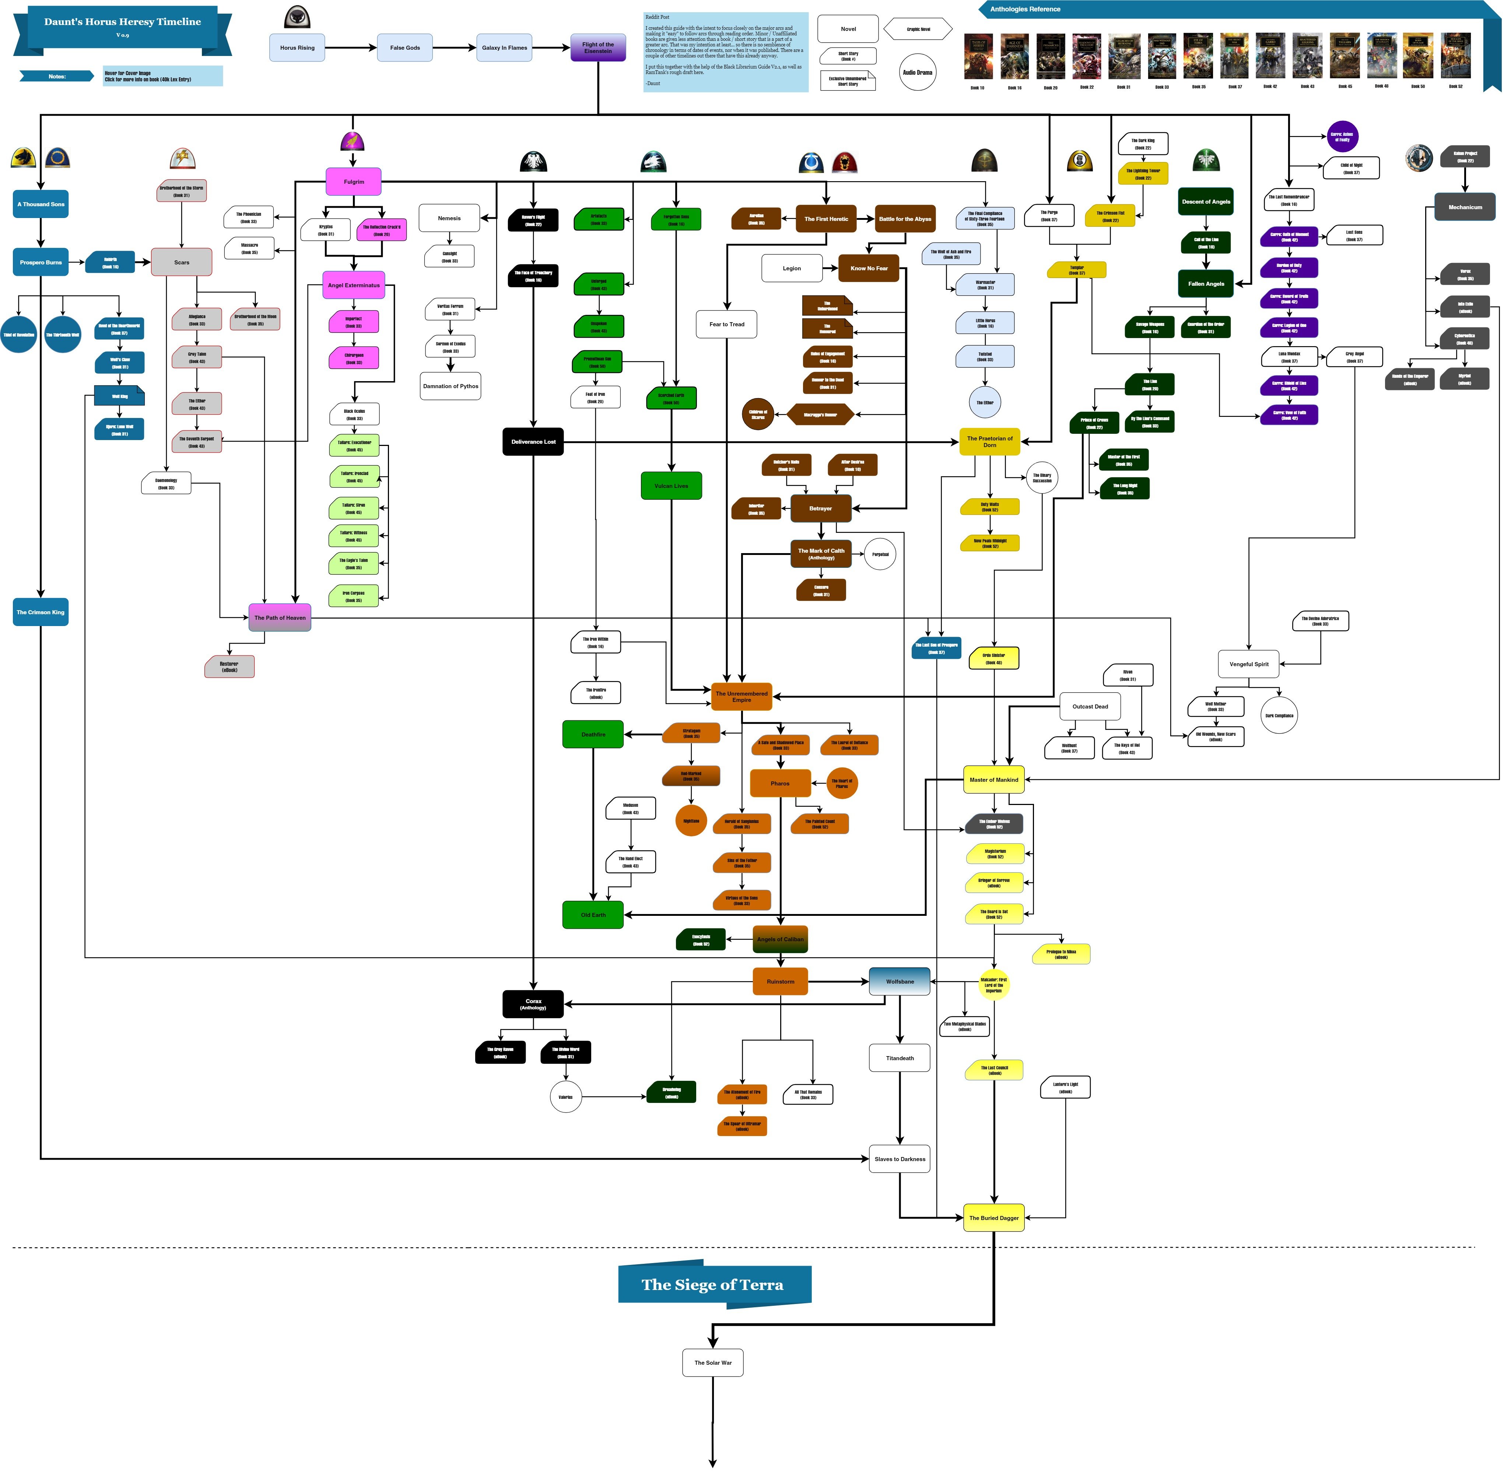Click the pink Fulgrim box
pyautogui.click(x=354, y=182)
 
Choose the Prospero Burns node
pyautogui.click(x=41, y=262)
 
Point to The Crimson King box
pyautogui.click(x=41, y=612)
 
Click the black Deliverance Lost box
pyautogui.click(x=533, y=442)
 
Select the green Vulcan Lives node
pyautogui.click(x=671, y=486)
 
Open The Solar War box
pyautogui.click(x=712, y=1363)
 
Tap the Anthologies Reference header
pyautogui.click(x=1025, y=9)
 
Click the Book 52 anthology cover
pyautogui.click(x=1455, y=56)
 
